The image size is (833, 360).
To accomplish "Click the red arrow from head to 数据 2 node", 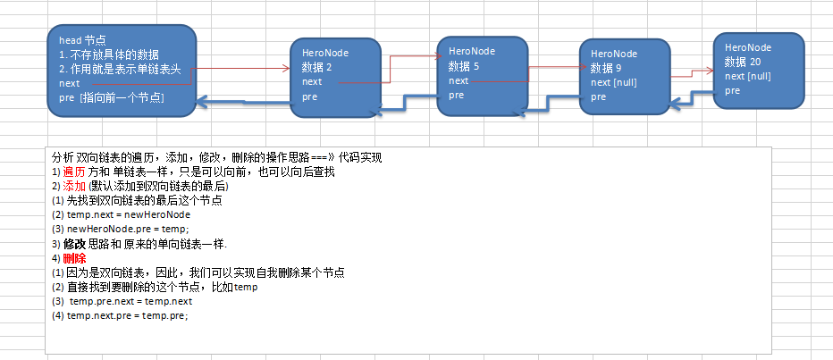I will click(241, 68).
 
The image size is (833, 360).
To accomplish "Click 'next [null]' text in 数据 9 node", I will click(613, 82).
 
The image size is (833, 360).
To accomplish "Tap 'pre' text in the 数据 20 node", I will click(733, 90).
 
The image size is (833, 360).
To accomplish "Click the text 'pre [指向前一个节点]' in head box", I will click(111, 96).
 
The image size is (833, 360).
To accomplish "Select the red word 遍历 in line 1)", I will click(74, 172).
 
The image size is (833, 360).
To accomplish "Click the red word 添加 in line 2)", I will click(74, 186).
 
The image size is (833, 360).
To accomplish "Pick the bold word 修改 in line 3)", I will click(74, 244).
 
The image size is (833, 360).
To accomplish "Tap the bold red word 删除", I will click(74, 258).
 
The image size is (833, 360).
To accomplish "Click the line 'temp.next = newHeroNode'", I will click(122, 214).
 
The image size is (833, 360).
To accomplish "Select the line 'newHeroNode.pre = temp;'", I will click(120, 229).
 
